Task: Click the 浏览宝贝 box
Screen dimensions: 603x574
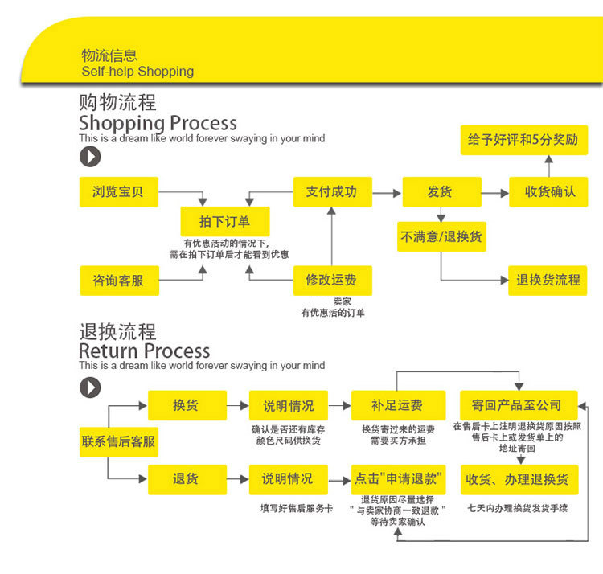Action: coord(119,192)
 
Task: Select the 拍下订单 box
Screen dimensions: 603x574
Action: coord(225,221)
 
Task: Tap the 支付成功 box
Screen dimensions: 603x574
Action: coord(333,192)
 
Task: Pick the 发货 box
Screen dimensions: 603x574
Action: coord(442,192)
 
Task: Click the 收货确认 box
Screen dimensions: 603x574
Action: coord(548,192)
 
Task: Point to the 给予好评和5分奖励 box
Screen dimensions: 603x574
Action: coord(524,140)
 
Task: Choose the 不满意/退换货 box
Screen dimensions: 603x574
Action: coord(441,237)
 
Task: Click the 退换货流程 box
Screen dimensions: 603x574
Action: coord(548,281)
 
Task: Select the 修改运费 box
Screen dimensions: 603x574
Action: coord(333,281)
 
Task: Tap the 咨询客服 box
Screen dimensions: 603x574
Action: coord(120,281)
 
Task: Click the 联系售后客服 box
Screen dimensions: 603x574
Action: coord(119,442)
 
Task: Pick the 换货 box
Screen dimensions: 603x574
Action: coord(187,405)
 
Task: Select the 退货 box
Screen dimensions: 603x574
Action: coord(187,479)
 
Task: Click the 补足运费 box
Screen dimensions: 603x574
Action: coord(399,405)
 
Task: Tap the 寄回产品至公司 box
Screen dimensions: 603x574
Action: coord(519,405)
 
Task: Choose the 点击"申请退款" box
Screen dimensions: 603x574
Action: coord(399,479)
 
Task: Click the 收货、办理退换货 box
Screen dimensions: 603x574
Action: coord(519,479)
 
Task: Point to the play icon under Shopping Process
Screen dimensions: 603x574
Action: coord(90,157)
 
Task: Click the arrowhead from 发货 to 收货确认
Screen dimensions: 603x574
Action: coord(505,193)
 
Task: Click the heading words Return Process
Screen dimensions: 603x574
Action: coord(145,351)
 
